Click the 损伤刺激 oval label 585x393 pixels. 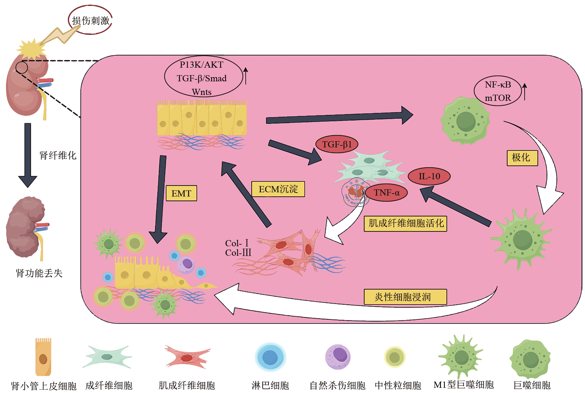click(x=90, y=20)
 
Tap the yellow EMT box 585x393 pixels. click(x=181, y=193)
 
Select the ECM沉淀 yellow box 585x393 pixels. click(x=278, y=189)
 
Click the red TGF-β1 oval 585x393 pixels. click(x=337, y=144)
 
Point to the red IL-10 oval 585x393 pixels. click(x=429, y=176)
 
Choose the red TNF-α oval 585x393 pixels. click(x=386, y=193)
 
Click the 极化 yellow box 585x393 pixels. click(x=522, y=158)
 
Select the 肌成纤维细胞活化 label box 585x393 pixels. click(x=406, y=224)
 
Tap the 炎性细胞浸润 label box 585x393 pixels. click(x=405, y=297)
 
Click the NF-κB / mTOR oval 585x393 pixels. click(x=498, y=91)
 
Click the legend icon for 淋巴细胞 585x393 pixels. click(x=270, y=357)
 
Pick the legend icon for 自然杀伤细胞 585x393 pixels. click(x=338, y=357)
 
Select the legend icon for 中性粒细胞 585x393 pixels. click(x=394, y=357)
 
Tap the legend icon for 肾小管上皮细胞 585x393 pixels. click(x=43, y=357)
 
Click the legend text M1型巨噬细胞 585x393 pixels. click(x=463, y=385)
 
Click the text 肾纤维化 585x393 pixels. click(x=58, y=156)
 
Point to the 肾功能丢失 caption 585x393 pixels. click(x=39, y=273)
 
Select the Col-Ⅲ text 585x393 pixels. click(x=238, y=253)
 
